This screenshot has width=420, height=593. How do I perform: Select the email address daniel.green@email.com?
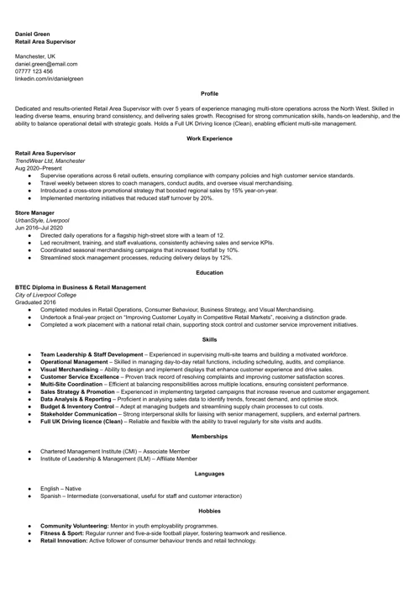click(x=46, y=64)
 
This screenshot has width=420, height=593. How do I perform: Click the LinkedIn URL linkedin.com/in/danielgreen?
click(x=50, y=79)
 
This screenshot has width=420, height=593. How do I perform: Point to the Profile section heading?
click(x=209, y=94)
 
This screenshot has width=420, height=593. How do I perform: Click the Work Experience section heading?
click(x=209, y=136)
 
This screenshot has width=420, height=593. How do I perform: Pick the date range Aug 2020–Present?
click(x=39, y=168)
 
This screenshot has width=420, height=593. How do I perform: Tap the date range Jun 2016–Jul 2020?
click(x=39, y=228)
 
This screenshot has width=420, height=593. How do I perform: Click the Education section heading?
click(x=209, y=272)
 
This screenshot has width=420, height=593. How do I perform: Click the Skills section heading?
click(x=209, y=339)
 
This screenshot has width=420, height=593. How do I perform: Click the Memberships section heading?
click(x=209, y=437)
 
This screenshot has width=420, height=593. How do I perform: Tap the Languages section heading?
click(x=209, y=474)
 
